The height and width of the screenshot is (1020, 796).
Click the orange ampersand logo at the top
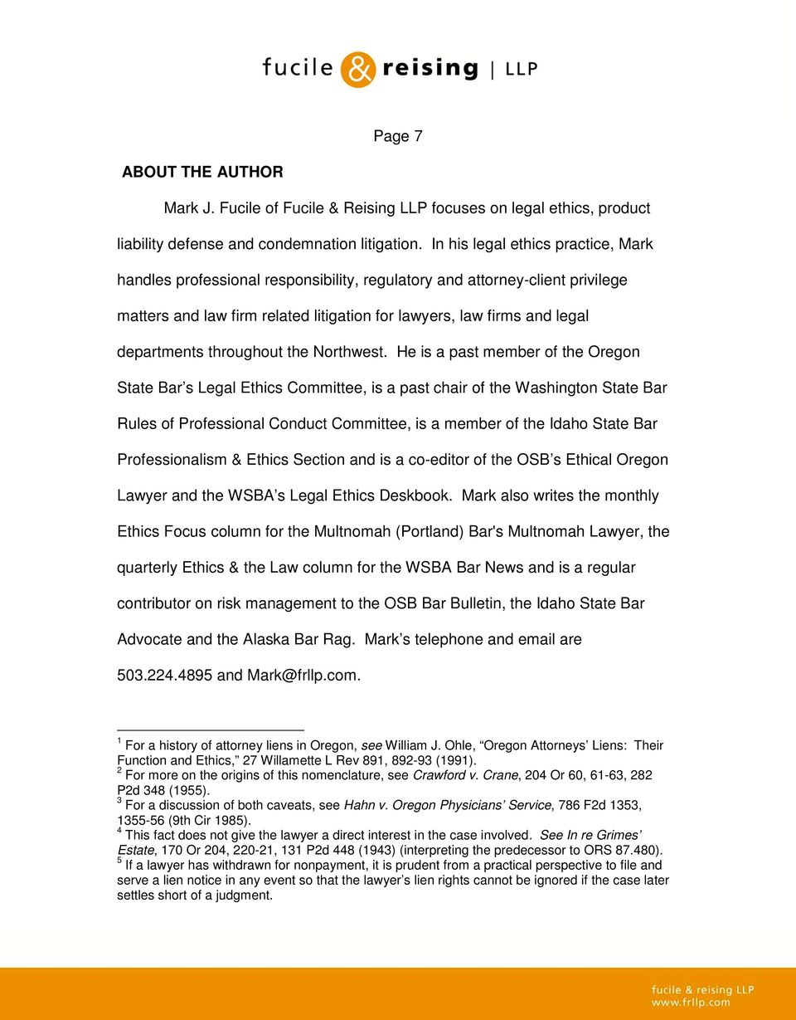coord(358,69)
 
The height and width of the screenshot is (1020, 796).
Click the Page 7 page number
coord(398,136)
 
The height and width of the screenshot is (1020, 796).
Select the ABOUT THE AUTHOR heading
coord(202,172)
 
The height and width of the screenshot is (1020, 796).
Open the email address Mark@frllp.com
coord(303,676)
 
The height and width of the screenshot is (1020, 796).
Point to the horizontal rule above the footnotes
coord(211,730)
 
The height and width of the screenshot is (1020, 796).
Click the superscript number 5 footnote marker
coord(119,861)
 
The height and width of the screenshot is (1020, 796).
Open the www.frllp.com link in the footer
coord(690,1002)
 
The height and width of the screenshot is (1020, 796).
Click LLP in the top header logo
coord(521,70)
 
